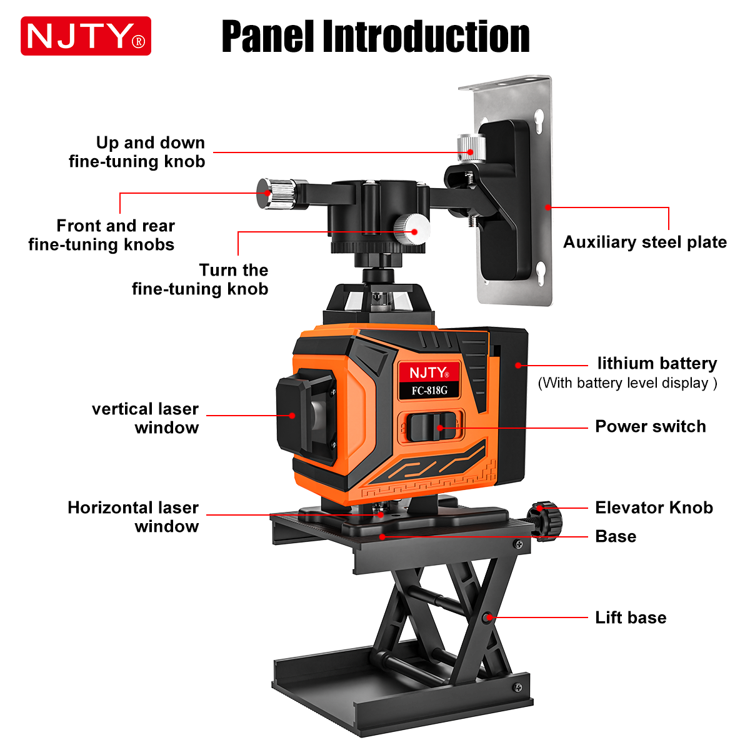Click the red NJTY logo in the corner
coord(86,36)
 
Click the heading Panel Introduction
coord(376,36)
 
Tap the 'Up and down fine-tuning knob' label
coord(137,152)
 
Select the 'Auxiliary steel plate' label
coord(645,242)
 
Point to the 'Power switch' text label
coord(651,427)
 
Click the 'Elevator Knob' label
coord(654,507)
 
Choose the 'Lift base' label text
coord(631,617)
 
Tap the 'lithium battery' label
coord(657,363)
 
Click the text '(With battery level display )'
coord(627,383)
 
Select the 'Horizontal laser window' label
coord(133,517)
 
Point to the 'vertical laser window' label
coord(145,418)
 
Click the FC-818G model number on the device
coord(429,391)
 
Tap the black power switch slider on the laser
coord(431,427)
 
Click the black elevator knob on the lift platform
coord(545,521)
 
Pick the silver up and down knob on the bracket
coord(471,147)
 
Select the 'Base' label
coord(616,536)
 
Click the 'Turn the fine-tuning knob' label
coord(200,279)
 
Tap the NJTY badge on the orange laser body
coord(429,373)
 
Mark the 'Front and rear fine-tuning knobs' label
coord(102,235)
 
